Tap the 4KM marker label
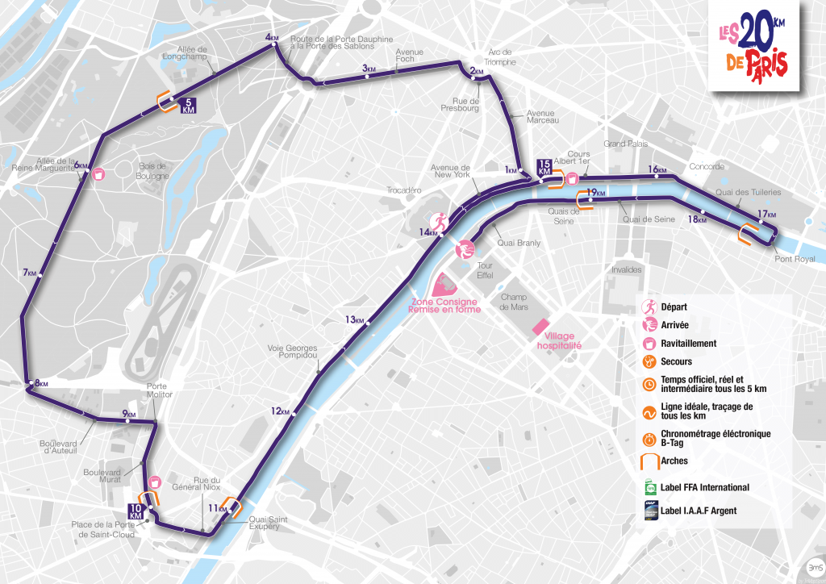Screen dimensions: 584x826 [271, 38]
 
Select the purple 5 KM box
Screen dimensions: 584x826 [189, 106]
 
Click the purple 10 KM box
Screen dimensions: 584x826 [136, 511]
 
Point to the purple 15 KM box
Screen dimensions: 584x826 [544, 167]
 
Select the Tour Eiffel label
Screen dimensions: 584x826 [485, 270]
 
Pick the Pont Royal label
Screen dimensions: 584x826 [794, 259]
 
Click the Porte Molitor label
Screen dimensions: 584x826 [158, 390]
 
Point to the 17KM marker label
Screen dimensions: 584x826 [766, 215]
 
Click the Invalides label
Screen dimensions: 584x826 [626, 270]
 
